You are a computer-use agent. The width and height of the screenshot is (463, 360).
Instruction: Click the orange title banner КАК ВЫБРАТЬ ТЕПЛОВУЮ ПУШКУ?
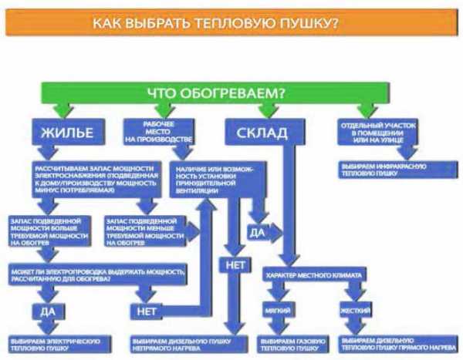coord(231,23)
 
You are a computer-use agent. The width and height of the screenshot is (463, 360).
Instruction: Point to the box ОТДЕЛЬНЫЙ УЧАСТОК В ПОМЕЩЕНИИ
coord(377,133)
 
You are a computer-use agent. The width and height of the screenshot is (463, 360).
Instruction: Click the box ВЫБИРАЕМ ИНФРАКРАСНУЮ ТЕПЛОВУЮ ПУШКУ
coord(378,170)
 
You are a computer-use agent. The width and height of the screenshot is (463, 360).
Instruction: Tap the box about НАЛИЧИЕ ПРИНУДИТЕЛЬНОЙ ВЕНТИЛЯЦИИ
coord(212,180)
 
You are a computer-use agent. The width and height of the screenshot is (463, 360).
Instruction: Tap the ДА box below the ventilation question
coord(258,230)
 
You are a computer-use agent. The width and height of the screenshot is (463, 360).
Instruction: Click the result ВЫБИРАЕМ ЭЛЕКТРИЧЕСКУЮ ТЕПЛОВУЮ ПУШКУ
coord(55,342)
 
